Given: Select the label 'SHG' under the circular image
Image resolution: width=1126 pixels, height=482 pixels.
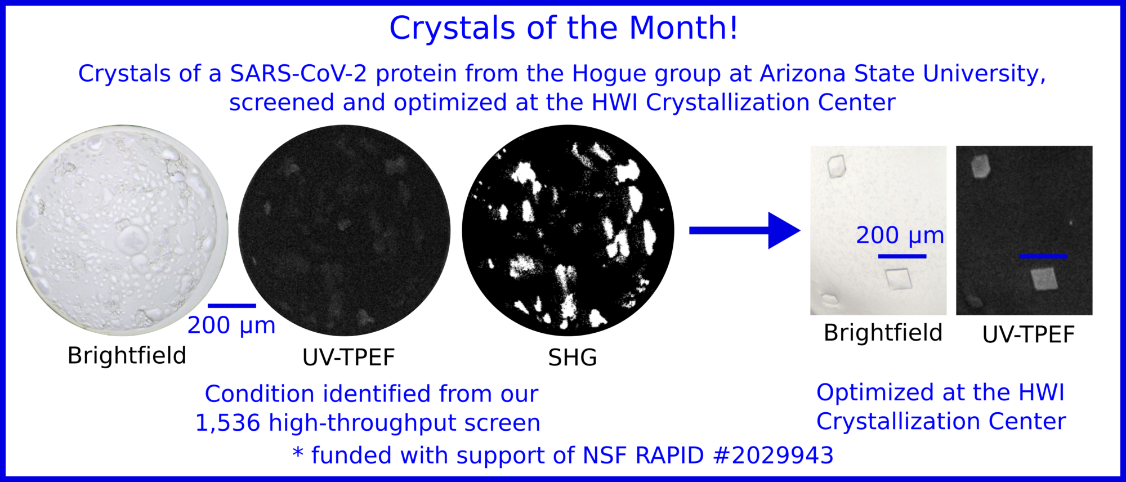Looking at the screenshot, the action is tap(573, 358).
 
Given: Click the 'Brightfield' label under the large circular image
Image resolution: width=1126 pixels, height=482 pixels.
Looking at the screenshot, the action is tap(127, 355).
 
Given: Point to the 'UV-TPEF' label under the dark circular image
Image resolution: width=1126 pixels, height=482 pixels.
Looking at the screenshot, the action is tap(348, 358).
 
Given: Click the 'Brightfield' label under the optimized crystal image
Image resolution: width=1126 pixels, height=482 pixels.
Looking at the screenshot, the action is tap(883, 333).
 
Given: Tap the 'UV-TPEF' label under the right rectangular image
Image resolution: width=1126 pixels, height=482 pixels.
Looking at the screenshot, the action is tap(1029, 334).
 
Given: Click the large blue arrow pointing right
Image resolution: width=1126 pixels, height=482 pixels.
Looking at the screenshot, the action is tap(745, 230).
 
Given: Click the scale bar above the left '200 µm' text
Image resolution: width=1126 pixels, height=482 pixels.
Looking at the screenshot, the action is tap(232, 306).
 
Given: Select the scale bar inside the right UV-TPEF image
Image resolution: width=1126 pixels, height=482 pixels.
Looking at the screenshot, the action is tap(1043, 256).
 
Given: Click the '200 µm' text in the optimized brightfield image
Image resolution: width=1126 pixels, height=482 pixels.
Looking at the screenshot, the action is tap(900, 235).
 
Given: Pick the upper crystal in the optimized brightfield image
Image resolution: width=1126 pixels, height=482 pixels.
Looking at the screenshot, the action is tap(837, 166).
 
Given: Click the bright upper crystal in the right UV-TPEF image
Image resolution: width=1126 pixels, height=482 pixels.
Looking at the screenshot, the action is tap(981, 166).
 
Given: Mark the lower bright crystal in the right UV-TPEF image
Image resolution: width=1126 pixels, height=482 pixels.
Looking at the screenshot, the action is tap(1044, 279).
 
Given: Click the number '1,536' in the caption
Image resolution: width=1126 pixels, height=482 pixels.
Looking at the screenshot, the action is tap(227, 423).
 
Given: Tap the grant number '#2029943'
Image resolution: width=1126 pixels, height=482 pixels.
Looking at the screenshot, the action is tap(773, 455).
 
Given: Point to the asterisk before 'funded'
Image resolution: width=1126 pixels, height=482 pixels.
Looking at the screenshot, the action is tap(298, 453).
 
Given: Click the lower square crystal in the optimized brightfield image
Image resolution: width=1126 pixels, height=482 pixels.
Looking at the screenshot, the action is tap(898, 279).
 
